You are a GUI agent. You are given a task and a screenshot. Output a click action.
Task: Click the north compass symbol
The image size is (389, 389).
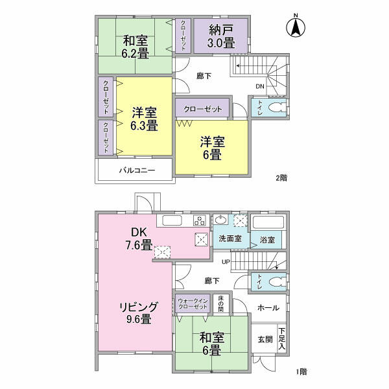pyautogui.click(x=296, y=26)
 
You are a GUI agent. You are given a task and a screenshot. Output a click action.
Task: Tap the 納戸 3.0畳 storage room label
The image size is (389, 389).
pyautogui.click(x=221, y=36)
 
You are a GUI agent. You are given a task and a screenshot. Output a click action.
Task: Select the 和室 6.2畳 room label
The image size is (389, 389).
pyautogui.click(x=136, y=47)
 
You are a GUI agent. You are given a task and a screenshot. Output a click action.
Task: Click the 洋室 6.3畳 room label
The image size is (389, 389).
pyautogui.click(x=144, y=119)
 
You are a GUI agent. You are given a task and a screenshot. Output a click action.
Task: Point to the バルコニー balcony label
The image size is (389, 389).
pyautogui.click(x=137, y=170)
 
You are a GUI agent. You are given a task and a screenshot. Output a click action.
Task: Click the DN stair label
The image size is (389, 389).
pyautogui.click(x=260, y=87)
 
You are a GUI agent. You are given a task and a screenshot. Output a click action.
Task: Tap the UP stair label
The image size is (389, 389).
pyautogui.click(x=226, y=262)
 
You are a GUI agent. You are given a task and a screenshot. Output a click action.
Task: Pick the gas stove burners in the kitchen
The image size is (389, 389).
pyautogui.click(x=200, y=220)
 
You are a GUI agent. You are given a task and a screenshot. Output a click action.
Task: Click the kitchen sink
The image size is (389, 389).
pyautogui.click(x=172, y=220)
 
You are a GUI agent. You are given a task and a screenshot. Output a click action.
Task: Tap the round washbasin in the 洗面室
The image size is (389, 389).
pyautogui.click(x=221, y=220)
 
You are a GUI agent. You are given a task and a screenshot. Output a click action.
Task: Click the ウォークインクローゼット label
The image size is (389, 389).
pyautogui.click(x=193, y=303)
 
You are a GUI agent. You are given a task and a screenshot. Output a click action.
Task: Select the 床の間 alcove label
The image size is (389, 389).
pyautogui.click(x=221, y=303)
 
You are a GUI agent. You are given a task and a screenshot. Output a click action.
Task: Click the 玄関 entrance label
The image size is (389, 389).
pyautogui.click(x=265, y=339)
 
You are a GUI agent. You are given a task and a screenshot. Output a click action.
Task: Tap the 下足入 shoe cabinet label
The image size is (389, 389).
pyautogui.click(x=281, y=339)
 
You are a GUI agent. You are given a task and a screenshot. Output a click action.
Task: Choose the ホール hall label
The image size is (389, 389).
pyautogui.click(x=268, y=308)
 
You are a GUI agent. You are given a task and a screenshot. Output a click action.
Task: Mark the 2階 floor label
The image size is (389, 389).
pyautogui.click(x=281, y=178)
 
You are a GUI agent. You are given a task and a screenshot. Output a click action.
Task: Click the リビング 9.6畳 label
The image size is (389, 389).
pyautogui.click(x=139, y=313)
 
